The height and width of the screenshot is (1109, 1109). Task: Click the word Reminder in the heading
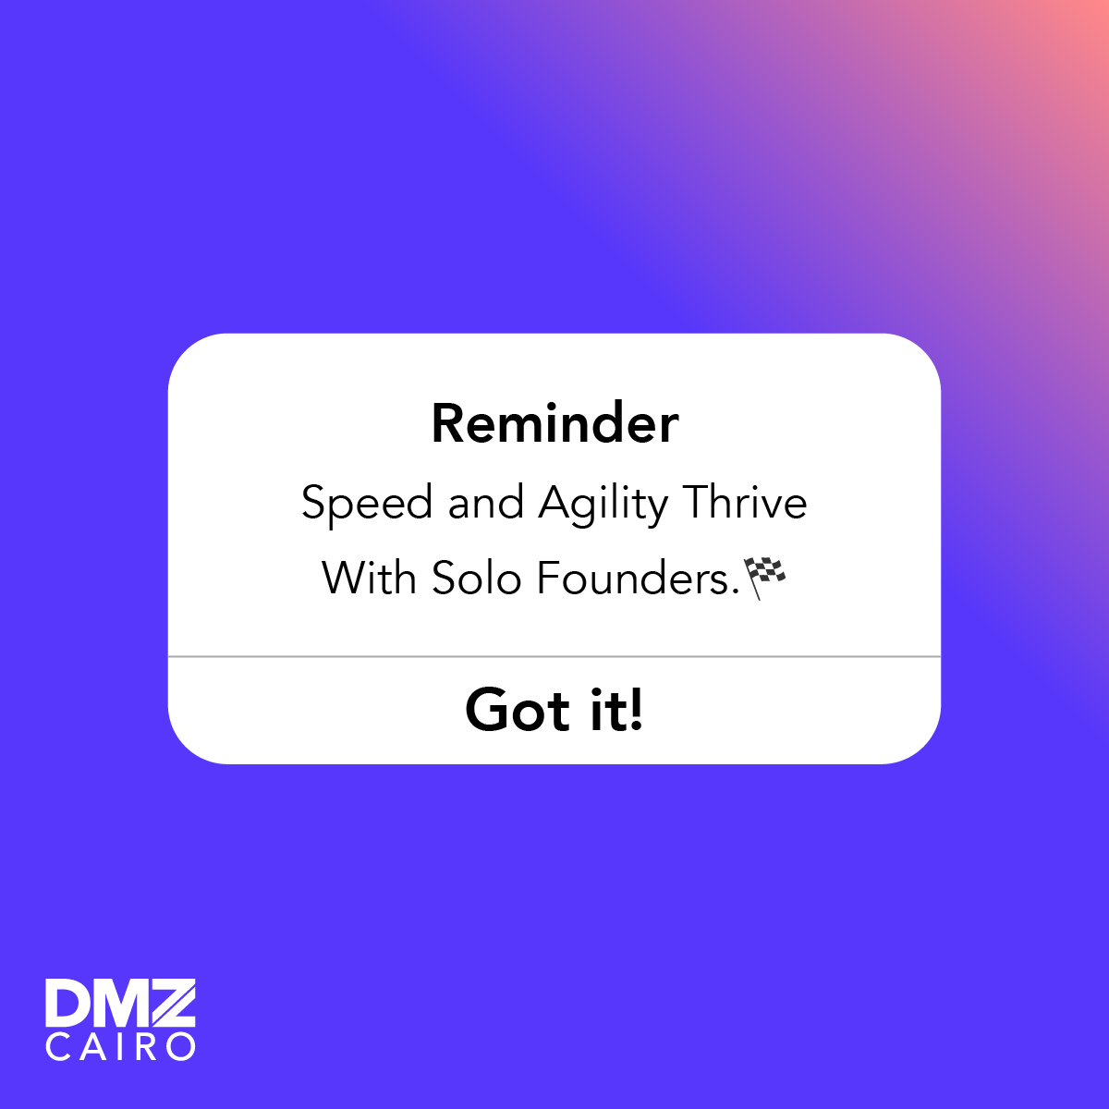click(554, 424)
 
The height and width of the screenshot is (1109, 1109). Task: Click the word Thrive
click(745, 504)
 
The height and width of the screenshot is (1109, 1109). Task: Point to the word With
click(370, 579)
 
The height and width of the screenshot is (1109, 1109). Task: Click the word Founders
click(637, 579)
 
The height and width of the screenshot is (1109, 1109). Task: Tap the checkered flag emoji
click(766, 578)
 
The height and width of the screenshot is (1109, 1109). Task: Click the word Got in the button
click(518, 710)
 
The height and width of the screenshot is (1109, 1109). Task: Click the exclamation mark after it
click(635, 710)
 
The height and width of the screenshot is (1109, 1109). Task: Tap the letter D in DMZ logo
click(67, 1004)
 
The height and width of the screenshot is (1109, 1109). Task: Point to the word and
click(485, 504)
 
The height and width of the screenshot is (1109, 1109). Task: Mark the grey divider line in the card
click(554, 656)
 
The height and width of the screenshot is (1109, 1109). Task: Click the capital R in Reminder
click(448, 424)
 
